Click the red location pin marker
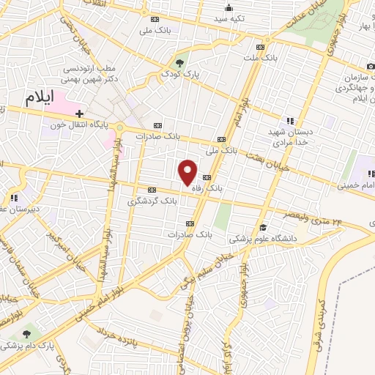(x=188, y=173)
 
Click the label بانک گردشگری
(x=152, y=200)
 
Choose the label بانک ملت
(x=261, y=57)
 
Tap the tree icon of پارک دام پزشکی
(x=28, y=333)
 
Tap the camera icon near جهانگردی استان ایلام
(x=371, y=67)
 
